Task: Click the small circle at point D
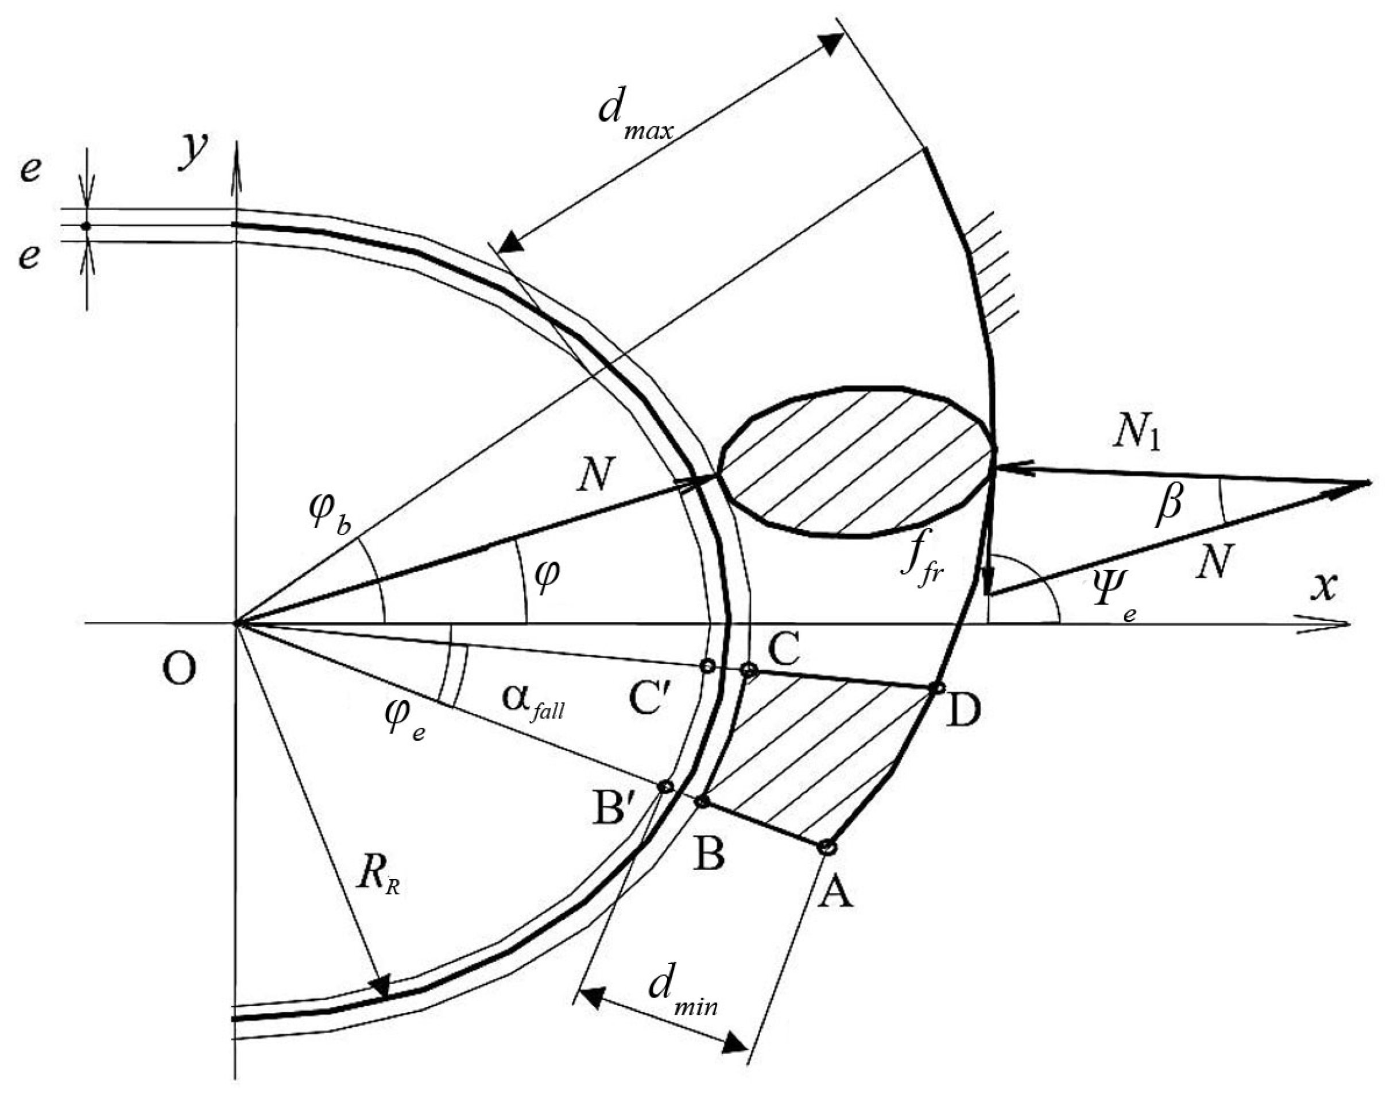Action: point(937,688)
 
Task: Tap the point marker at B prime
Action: point(666,787)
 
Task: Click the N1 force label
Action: point(1137,438)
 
